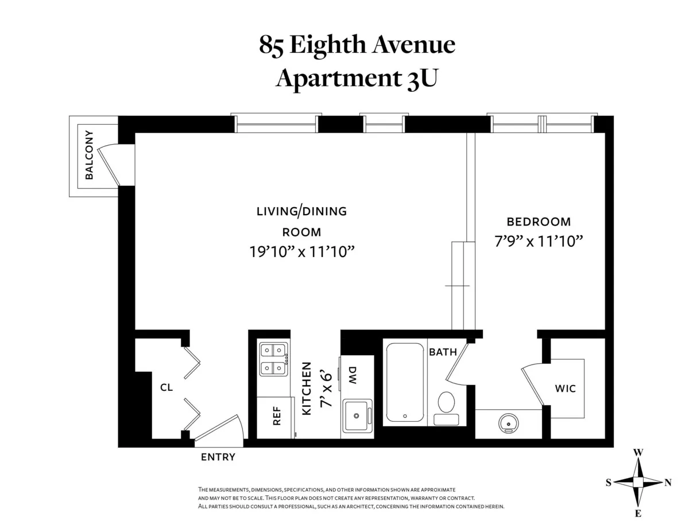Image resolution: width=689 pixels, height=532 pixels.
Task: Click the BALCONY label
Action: coord(89,156)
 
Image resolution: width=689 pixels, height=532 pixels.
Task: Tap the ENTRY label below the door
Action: coord(218,457)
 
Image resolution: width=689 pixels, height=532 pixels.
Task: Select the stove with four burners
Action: coord(273,359)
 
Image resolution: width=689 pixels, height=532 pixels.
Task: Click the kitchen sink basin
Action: coord(357,415)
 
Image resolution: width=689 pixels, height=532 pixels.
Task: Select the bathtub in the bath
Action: coord(405,382)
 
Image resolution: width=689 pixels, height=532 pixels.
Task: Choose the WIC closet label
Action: coord(565,389)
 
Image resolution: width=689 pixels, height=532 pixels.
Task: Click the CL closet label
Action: coord(167,388)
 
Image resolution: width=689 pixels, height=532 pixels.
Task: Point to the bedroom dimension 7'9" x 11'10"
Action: coord(539,242)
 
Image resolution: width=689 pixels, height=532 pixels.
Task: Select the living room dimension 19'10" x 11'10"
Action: coord(301,251)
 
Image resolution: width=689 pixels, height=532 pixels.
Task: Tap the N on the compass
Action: coord(668,483)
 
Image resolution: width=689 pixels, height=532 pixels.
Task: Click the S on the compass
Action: coord(608,483)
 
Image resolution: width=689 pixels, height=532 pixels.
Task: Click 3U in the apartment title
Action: coord(421,79)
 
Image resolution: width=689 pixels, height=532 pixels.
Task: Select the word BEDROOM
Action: coord(538,222)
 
